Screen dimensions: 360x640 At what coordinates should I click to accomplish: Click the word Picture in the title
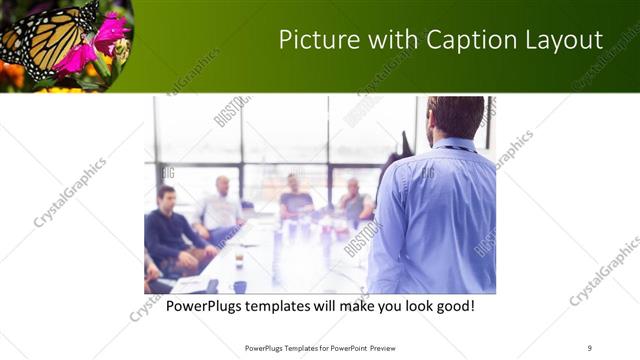click(x=314, y=40)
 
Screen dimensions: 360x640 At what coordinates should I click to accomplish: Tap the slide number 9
click(x=590, y=348)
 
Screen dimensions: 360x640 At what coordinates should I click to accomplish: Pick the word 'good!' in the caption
click(x=453, y=304)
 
